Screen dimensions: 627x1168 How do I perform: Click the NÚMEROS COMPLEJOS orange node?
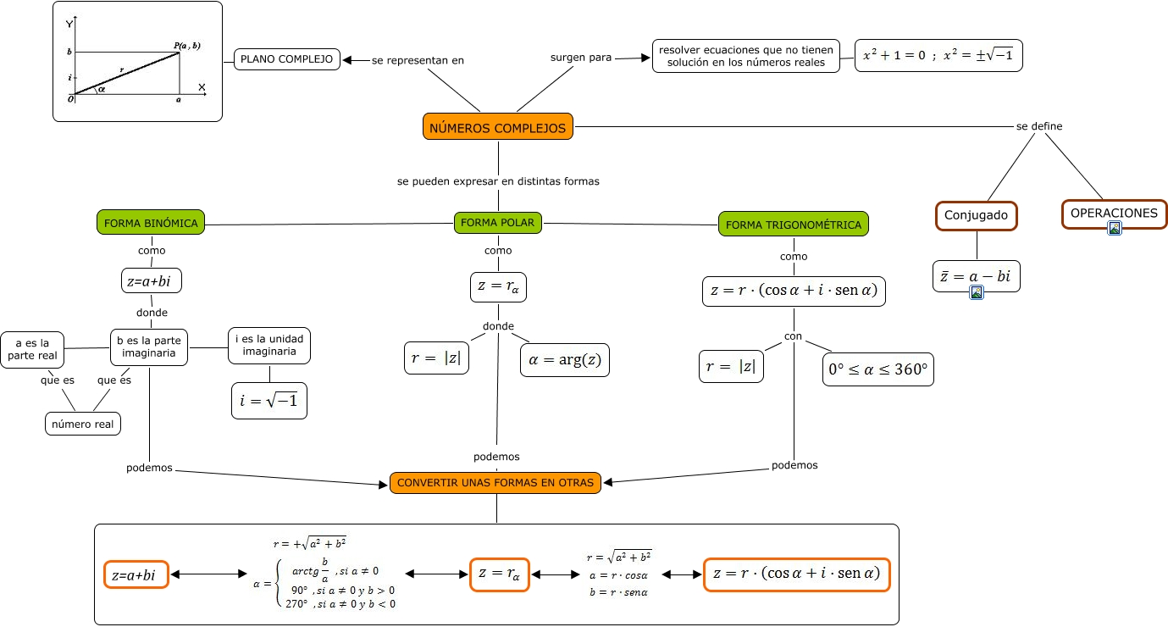tap(498, 128)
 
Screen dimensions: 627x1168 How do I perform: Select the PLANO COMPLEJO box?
tap(287, 59)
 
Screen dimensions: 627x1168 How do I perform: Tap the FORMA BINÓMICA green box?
tap(152, 224)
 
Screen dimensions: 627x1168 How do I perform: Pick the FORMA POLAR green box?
tap(498, 223)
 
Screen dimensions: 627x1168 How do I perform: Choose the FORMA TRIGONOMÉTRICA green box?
tap(794, 225)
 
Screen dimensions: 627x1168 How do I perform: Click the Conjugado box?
tap(976, 215)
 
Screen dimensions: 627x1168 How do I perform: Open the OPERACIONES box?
tap(1114, 214)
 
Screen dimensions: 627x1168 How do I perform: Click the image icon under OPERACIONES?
tap(1115, 227)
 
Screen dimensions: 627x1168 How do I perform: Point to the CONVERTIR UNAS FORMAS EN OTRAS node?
tap(496, 483)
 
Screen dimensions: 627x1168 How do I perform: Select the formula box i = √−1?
tap(268, 402)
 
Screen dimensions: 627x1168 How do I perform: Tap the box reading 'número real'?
tap(83, 424)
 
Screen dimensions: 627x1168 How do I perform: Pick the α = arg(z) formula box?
tap(565, 360)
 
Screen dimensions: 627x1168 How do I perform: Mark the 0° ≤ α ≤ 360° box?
tap(877, 369)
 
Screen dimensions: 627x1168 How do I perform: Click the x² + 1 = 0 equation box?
tap(938, 56)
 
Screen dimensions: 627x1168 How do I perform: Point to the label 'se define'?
tap(1039, 127)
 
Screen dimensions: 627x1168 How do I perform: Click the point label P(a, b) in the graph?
tap(187, 45)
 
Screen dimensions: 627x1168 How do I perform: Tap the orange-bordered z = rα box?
tap(499, 574)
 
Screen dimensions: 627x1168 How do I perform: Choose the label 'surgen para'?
tap(580, 58)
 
